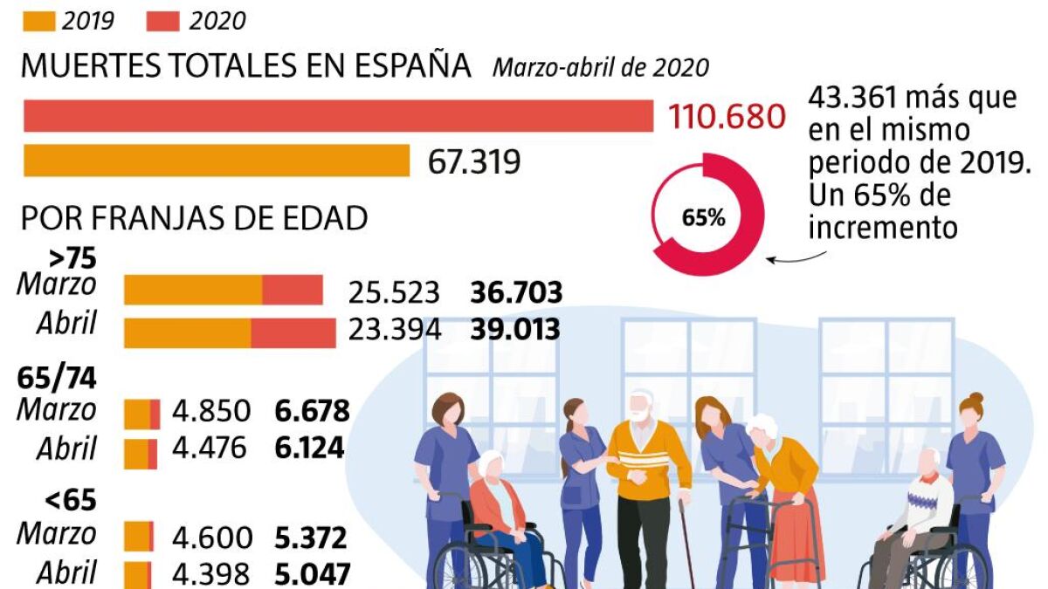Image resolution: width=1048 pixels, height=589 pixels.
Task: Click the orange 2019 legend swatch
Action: click(x=38, y=19)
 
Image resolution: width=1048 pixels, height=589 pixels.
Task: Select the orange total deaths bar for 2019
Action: click(x=217, y=161)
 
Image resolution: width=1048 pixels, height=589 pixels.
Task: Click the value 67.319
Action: click(x=474, y=161)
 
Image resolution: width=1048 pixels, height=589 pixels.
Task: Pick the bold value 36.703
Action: click(x=515, y=292)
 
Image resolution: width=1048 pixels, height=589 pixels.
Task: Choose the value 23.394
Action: click(x=395, y=330)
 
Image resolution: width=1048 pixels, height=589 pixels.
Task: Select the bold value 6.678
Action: click(x=312, y=411)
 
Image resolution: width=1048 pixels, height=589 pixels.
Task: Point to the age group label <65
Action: click(x=70, y=501)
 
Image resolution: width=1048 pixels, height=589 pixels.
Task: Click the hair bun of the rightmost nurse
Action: click(x=976, y=399)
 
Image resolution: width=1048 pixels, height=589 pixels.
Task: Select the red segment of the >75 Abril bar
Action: click(x=293, y=332)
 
